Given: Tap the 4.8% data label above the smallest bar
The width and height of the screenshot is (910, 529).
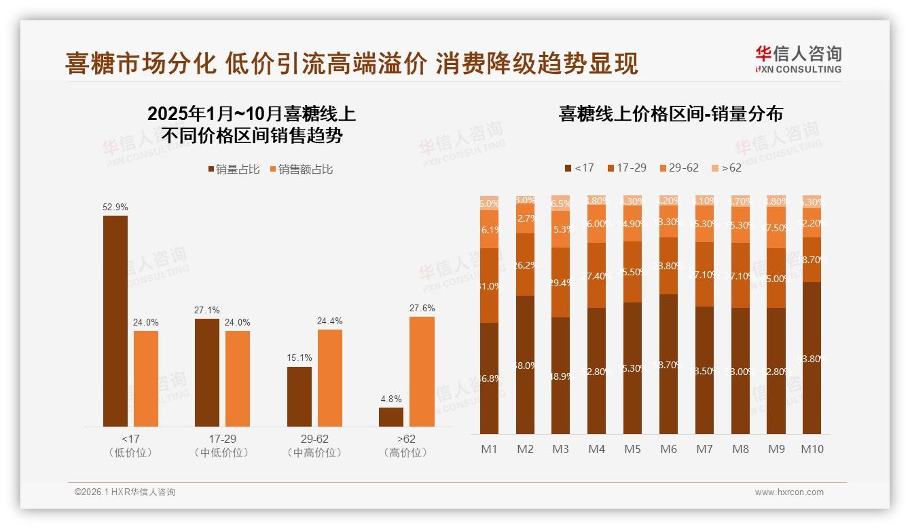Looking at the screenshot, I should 391,399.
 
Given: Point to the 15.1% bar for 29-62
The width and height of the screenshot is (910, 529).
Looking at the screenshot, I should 299,397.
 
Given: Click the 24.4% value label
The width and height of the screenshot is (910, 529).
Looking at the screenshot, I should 330,321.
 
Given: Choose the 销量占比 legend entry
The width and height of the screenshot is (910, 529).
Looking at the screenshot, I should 234,170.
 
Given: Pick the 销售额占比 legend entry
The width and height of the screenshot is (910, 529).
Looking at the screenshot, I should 301,170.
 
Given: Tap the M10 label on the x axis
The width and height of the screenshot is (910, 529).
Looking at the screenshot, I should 812,449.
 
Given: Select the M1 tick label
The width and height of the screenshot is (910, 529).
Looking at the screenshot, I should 489,449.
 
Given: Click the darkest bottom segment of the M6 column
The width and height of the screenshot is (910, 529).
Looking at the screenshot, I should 669,364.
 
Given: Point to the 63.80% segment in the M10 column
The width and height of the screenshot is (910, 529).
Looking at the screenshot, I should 812,358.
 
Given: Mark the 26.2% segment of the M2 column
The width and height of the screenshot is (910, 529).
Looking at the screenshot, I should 525,264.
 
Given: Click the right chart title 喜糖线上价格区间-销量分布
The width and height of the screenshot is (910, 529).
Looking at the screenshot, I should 670,114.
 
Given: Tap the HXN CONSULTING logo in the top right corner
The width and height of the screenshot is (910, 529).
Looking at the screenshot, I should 798,59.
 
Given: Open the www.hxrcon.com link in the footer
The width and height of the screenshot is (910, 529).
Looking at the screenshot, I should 789,492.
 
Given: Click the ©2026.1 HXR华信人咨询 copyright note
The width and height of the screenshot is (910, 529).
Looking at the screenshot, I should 125,492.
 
